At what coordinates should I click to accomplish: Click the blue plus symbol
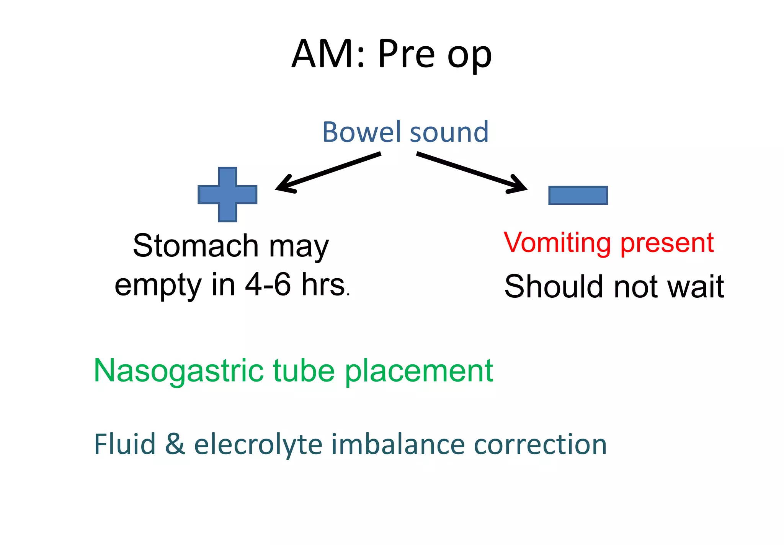tap(227, 194)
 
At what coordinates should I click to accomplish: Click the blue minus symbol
tap(578, 195)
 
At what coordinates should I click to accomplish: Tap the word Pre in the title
tap(407, 54)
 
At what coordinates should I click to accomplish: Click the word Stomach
tap(196, 246)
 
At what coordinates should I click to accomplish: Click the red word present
tap(667, 243)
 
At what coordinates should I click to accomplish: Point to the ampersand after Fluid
tap(175, 444)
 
